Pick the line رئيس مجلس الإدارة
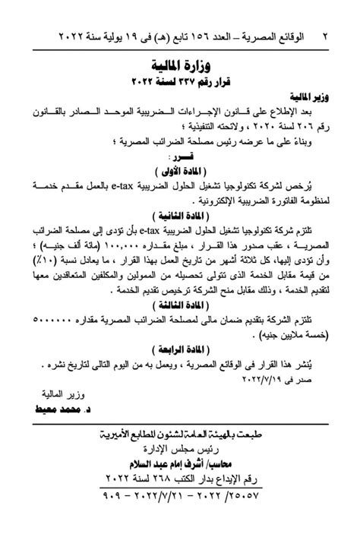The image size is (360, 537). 180,448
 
